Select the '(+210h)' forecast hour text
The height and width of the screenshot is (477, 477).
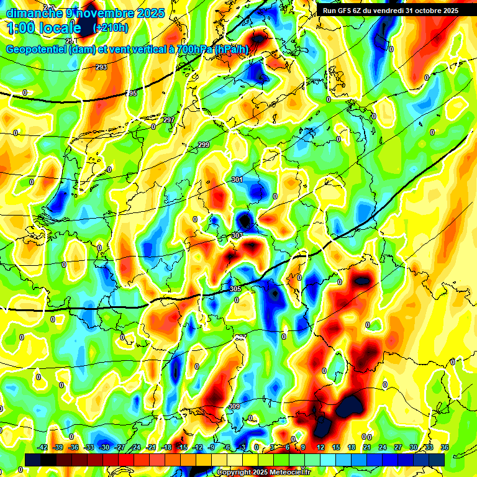click(111, 28)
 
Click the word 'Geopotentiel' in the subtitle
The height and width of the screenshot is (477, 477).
click(37, 49)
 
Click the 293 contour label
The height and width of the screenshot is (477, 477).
click(101, 67)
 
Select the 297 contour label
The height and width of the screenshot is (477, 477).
click(169, 120)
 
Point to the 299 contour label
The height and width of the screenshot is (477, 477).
click(204, 145)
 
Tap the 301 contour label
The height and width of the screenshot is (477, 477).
click(237, 179)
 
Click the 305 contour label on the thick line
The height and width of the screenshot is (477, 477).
click(235, 289)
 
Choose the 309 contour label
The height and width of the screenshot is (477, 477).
click(234, 406)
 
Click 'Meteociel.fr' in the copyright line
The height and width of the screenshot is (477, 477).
click(289, 473)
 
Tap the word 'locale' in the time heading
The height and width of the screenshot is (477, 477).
click(58, 28)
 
